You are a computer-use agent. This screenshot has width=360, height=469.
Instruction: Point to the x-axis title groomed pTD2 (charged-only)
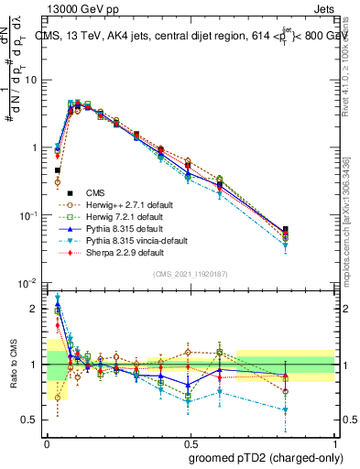pyautogui.click(x=267, y=457)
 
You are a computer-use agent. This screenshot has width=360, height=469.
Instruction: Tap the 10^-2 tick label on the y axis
pyautogui.click(x=31, y=283)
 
